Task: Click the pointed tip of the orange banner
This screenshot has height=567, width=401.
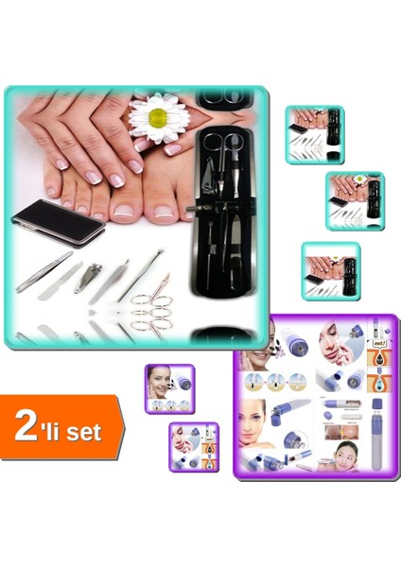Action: coord(124,427)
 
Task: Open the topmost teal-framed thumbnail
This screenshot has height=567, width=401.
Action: coord(314,122)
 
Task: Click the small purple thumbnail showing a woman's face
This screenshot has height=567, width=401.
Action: coord(169,388)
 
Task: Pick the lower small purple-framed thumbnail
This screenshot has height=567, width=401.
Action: coord(194,446)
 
